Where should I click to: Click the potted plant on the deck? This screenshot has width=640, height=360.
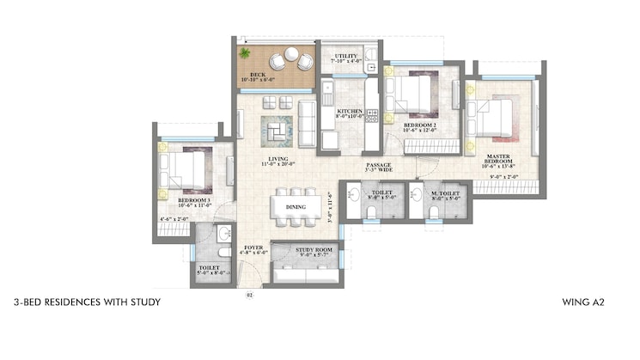pyautogui.click(x=246, y=53)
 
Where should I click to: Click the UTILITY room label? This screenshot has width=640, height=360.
pyautogui.click(x=345, y=58)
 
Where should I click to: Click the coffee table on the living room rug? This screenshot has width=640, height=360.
pyautogui.click(x=277, y=131)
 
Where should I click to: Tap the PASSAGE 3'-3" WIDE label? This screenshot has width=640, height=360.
pyautogui.click(x=379, y=167)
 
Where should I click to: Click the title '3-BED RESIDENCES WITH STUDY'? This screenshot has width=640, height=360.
pyautogui.click(x=88, y=303)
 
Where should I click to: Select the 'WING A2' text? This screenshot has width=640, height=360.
pyautogui.click(x=586, y=303)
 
